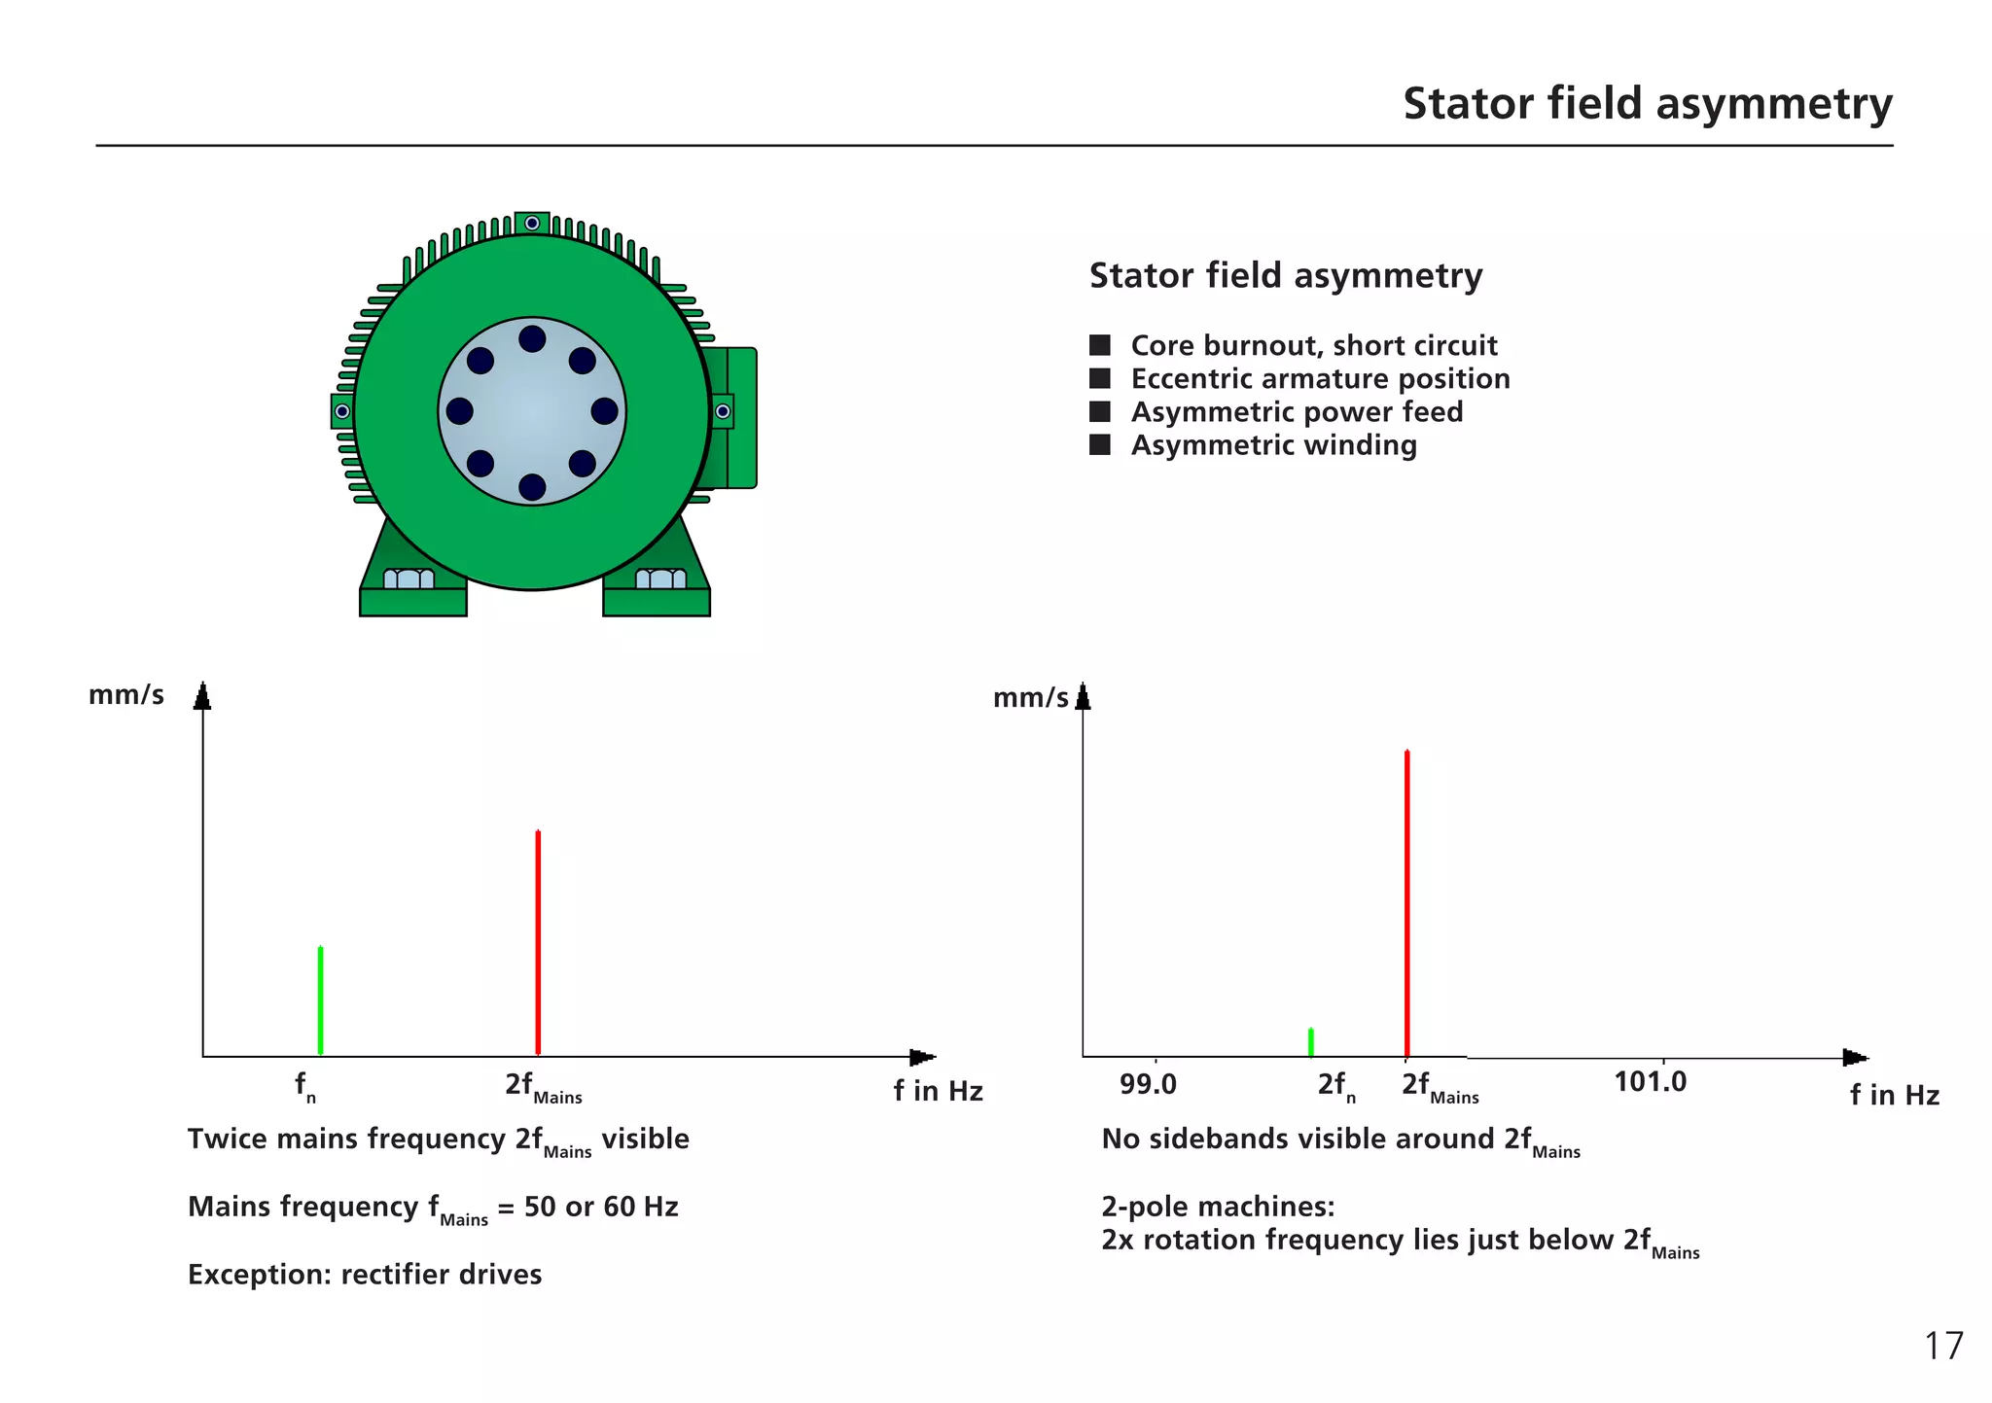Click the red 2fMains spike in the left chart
click(x=538, y=943)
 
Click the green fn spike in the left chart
click(x=320, y=1001)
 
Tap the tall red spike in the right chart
click(x=1406, y=904)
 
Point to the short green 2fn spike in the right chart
click(x=1311, y=1042)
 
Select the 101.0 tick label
click(x=1650, y=1082)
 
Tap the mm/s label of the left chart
click(x=125, y=696)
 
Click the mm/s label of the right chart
click(x=1030, y=698)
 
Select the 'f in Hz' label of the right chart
click(x=1894, y=1096)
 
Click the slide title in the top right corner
click(x=1647, y=104)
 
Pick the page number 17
click(x=1943, y=1347)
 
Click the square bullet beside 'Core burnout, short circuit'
click(x=1100, y=346)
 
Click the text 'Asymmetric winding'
click(x=1273, y=445)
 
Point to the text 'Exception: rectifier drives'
click(x=365, y=1275)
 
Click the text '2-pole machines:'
click(x=1218, y=1207)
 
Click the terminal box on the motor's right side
click(x=739, y=418)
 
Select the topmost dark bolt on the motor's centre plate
click(x=532, y=339)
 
